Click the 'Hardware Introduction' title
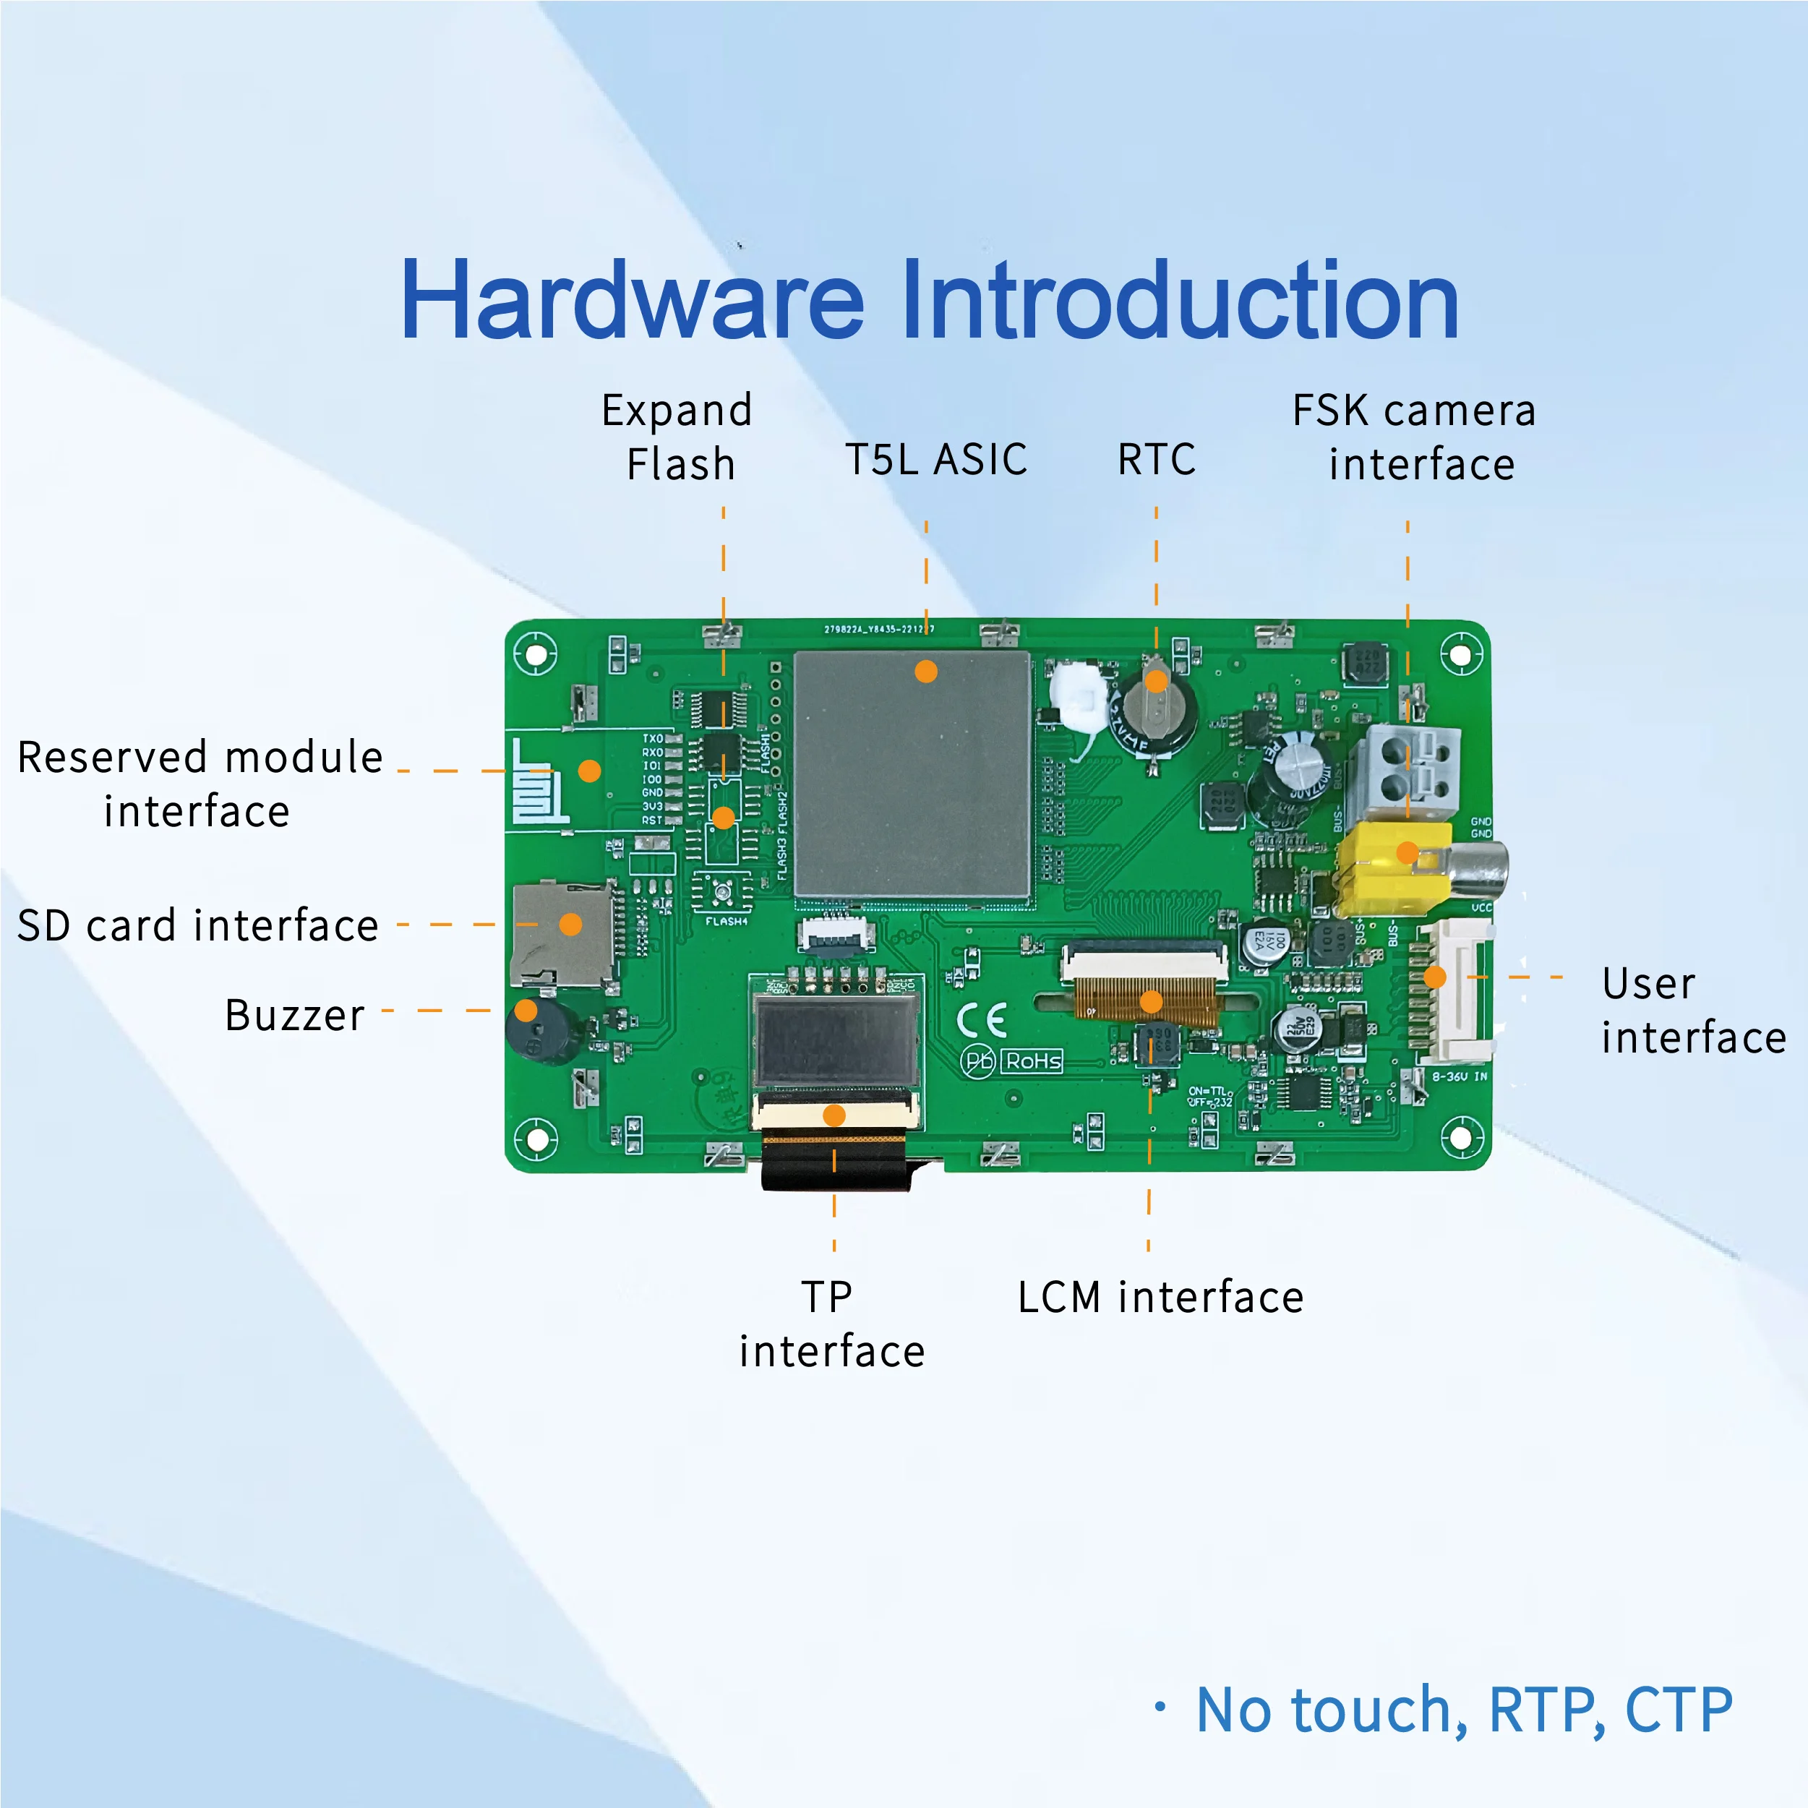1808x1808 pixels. tap(928, 301)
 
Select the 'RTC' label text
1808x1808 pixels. tap(1156, 460)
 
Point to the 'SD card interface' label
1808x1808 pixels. tap(198, 925)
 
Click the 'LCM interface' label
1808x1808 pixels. tap(1160, 1297)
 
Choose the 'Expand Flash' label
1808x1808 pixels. tap(677, 437)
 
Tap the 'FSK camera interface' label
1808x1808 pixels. tap(1414, 437)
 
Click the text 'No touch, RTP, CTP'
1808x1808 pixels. tap(1464, 1710)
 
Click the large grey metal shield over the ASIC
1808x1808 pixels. tap(912, 776)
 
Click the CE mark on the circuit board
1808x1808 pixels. tap(982, 1020)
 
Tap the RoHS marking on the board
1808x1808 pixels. tap(1032, 1061)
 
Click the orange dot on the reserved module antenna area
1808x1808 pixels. tap(590, 770)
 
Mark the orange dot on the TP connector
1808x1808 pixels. tap(834, 1115)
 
